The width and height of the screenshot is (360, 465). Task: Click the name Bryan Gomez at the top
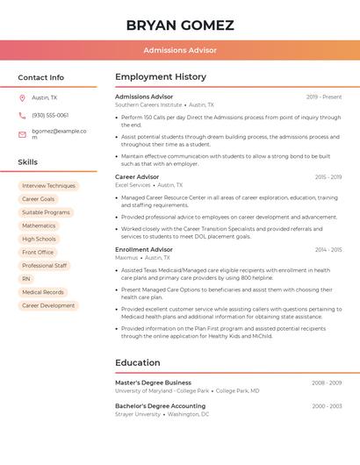tap(180, 25)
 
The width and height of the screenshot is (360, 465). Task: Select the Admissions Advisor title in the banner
tap(180, 50)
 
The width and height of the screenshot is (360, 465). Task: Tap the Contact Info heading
tap(40, 77)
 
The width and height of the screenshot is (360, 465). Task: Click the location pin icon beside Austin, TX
tap(22, 97)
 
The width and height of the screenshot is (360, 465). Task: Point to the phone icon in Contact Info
tap(22, 115)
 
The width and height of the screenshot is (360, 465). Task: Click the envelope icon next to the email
tap(22, 134)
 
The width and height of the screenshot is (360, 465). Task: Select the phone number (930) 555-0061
tap(50, 115)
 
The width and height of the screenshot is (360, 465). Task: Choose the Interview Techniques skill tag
tap(48, 186)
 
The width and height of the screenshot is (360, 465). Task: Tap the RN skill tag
tap(26, 278)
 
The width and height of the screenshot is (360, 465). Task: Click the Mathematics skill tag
tap(39, 225)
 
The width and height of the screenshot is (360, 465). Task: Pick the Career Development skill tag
tap(48, 305)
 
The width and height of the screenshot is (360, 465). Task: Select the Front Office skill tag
tap(38, 252)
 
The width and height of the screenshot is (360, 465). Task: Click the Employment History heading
tap(161, 77)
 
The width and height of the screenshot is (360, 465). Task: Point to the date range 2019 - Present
tap(324, 97)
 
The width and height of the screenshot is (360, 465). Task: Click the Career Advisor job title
tap(137, 176)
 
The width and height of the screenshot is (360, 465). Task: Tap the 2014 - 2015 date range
tap(328, 250)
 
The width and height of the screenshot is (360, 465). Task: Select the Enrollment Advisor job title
tap(144, 249)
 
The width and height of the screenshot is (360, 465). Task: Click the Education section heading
tap(138, 362)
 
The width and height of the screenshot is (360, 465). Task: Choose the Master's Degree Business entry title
tap(153, 383)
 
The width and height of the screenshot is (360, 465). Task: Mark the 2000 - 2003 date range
tap(327, 406)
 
